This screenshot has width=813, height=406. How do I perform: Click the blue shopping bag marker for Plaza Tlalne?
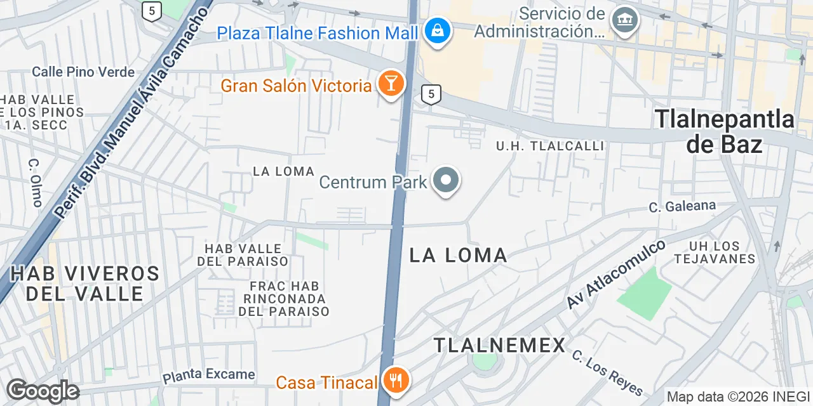coord(438,29)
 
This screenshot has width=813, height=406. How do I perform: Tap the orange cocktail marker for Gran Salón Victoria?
coord(391,83)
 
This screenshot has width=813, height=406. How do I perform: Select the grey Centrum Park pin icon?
coord(446,180)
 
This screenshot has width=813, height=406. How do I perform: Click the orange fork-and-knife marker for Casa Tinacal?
coord(397,381)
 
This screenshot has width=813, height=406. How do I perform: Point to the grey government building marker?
coord(625,20)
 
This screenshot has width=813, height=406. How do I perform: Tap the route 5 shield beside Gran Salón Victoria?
coord(431,95)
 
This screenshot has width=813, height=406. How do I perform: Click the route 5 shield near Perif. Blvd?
coord(151,10)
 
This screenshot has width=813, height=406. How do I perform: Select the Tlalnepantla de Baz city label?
coord(724,131)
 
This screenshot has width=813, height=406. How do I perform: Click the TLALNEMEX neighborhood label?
coord(499,345)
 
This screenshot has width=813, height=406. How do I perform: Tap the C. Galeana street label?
coord(682,206)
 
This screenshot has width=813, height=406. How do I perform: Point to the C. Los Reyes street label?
coord(607,373)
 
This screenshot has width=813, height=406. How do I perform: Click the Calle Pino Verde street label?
coord(83,72)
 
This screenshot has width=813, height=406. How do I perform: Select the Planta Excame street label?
coord(208,376)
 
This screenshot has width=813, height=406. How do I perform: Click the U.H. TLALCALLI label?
coord(550,146)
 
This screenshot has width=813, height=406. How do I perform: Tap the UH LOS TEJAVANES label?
coord(715,252)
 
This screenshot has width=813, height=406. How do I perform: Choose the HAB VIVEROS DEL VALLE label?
coord(84,284)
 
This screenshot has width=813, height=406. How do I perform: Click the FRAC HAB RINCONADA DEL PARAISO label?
coord(284,299)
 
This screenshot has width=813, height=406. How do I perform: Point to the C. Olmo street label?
coord(36,182)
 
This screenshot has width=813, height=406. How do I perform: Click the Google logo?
coord(42,391)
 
